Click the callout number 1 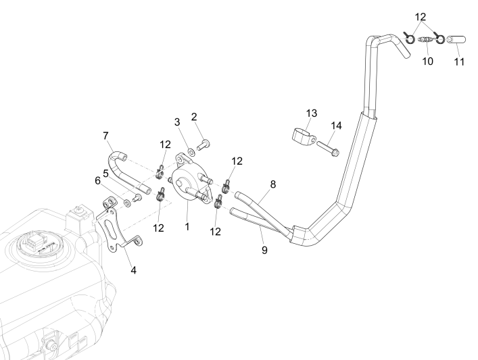(x=187, y=226)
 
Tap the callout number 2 (x=195, y=117)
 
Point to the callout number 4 (x=133, y=270)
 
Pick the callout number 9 (x=264, y=250)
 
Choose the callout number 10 (x=427, y=61)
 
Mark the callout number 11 (x=460, y=62)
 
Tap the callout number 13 (x=311, y=113)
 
